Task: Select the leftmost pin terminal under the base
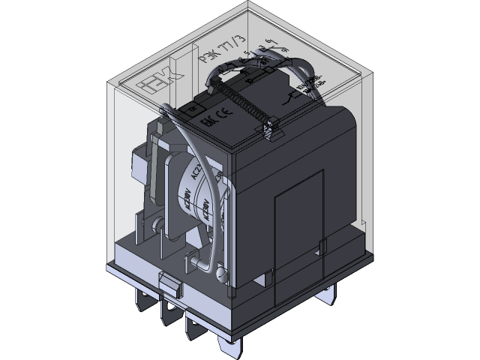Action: pyautogui.click(x=140, y=304)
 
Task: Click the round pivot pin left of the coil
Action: pyautogui.click(x=157, y=225)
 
